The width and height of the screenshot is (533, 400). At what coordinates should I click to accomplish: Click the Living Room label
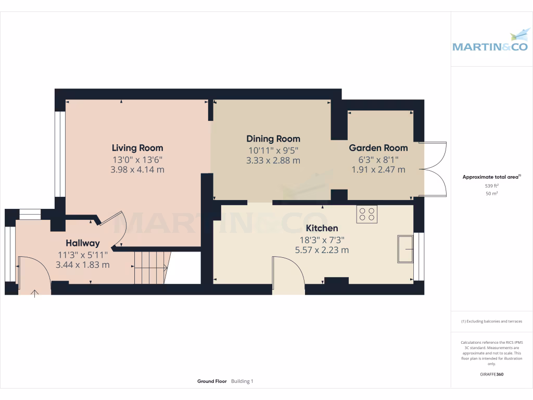137,148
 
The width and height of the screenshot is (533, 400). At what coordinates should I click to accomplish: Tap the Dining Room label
273,139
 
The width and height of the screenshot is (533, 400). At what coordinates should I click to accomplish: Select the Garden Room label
378,148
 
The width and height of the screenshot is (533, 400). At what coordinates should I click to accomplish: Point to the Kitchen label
322,228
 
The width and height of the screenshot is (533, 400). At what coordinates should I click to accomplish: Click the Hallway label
82,243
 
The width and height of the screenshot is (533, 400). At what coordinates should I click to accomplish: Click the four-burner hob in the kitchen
367,214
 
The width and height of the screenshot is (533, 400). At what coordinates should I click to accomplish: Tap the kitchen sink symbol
405,249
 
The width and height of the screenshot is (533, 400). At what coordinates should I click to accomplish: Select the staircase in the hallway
151,267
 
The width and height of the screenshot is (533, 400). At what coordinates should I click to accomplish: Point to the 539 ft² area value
491,185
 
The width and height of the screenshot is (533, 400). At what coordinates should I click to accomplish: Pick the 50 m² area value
491,193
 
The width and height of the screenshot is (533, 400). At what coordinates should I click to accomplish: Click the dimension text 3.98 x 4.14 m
137,169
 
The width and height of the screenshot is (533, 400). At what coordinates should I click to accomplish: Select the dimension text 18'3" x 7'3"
322,240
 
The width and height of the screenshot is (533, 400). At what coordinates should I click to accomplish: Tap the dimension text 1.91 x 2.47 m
378,169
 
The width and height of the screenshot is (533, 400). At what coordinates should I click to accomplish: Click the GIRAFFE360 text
491,374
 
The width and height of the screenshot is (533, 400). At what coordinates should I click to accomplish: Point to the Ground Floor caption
212,381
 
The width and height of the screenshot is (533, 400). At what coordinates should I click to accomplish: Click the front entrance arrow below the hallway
35,293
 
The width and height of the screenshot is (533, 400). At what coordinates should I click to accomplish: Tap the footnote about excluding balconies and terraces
491,321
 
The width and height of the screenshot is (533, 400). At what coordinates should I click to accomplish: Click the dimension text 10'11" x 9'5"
273,150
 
